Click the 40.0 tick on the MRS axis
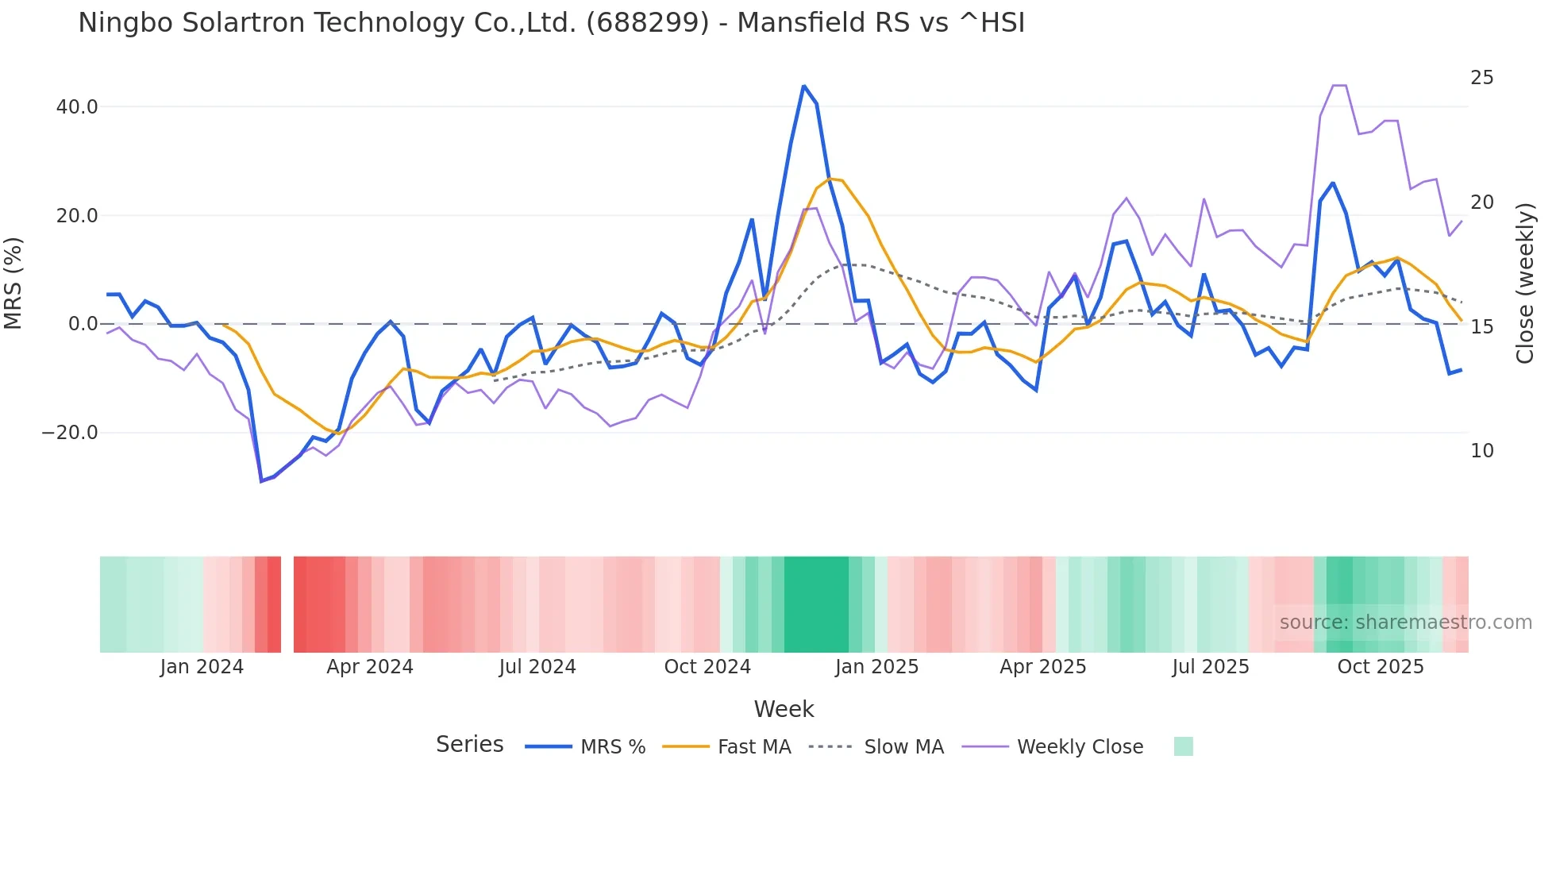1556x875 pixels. point(77,106)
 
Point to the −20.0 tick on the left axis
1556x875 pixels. point(70,433)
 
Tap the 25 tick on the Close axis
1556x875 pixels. point(1481,78)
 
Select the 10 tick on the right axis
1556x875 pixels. point(1481,451)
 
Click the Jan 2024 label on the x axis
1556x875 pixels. point(202,667)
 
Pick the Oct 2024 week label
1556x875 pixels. point(707,667)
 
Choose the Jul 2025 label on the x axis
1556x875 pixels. point(1211,667)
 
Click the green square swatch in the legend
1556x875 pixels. point(1183,746)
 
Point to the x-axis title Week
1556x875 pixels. point(784,709)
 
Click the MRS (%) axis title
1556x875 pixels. point(13,283)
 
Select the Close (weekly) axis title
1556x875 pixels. point(1525,283)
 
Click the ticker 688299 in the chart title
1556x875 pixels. point(647,23)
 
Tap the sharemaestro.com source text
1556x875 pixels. point(1405,623)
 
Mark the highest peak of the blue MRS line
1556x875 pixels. point(803,86)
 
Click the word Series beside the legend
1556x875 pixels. point(469,745)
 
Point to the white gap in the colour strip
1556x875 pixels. point(287,604)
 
